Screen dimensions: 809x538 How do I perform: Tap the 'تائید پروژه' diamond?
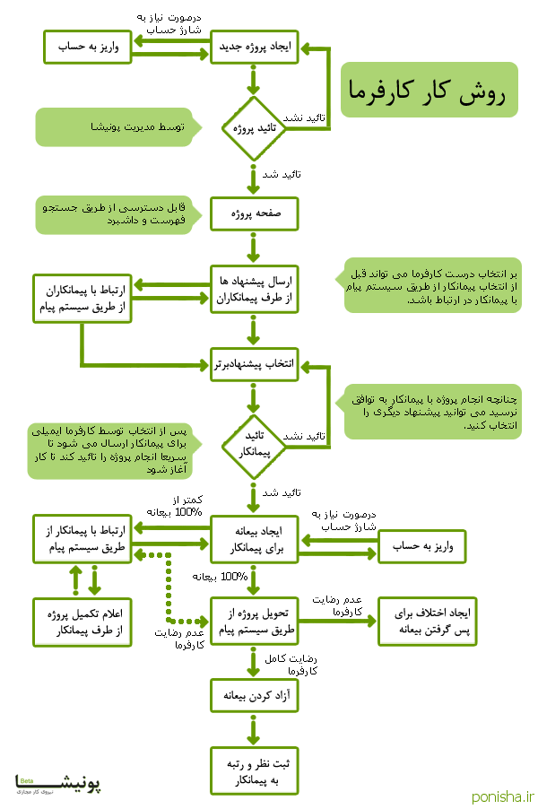coord(254,128)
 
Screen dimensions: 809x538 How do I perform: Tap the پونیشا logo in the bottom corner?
coord(58,786)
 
